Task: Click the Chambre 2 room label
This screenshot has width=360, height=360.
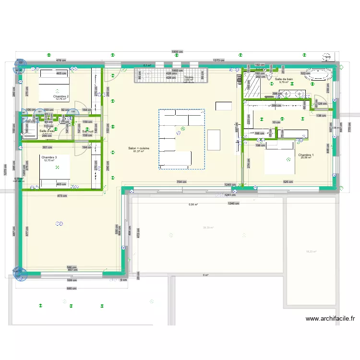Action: tap(61, 96)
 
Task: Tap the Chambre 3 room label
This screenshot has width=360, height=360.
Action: tap(49, 157)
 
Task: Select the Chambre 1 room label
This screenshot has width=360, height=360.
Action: tap(306, 155)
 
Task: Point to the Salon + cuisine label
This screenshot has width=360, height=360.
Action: tap(139, 148)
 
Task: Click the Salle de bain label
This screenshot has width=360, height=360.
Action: tap(284, 79)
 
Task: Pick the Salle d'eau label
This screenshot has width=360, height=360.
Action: tap(48, 131)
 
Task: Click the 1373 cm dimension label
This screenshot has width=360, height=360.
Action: tap(219, 60)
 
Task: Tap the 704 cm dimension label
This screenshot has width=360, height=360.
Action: tap(181, 182)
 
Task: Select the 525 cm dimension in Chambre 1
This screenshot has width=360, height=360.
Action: tap(288, 182)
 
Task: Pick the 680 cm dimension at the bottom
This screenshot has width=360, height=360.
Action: tap(71, 288)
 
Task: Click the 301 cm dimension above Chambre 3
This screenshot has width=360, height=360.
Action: tap(47, 147)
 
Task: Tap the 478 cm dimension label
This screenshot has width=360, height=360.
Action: tap(60, 60)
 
